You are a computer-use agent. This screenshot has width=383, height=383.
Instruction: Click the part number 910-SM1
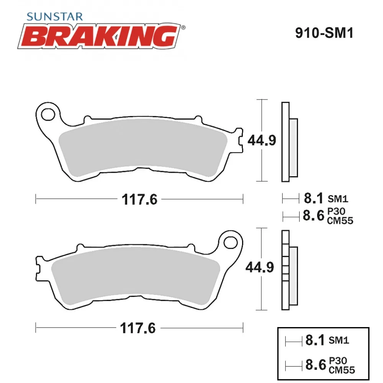coord(324,33)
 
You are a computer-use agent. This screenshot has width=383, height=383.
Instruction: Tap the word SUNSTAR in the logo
coord(54,16)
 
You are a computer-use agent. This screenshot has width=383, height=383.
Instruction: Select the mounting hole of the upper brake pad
coord(48,114)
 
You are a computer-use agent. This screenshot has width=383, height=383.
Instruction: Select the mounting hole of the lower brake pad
coord(230,242)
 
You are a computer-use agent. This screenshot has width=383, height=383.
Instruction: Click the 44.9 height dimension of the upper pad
coord(262,140)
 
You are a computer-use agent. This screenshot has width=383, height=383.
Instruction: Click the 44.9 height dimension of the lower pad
coord(260,267)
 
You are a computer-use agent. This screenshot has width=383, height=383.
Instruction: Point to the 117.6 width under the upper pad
coord(139,199)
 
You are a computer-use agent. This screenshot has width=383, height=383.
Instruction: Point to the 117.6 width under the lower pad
coord(138,328)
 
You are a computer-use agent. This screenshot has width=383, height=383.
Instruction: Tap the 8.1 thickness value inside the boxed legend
coord(315,340)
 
